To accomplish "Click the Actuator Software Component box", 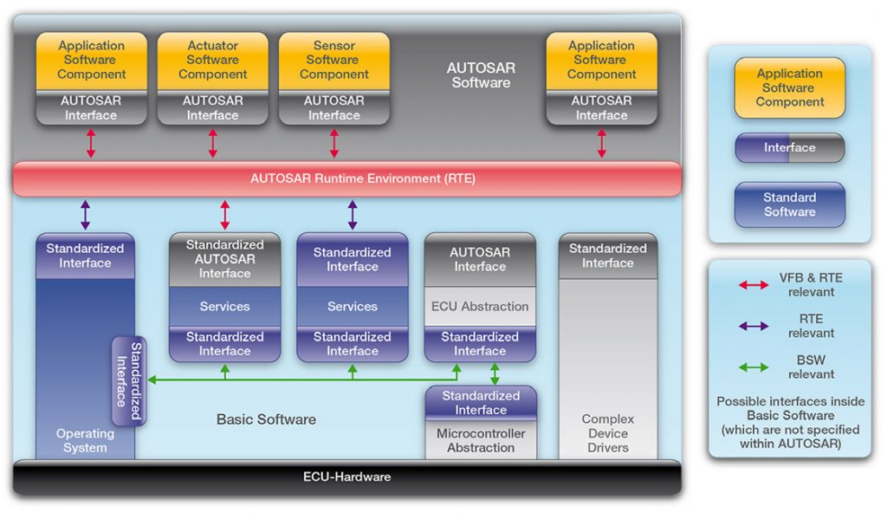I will coord(212,60).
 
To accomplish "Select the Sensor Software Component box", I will coord(333,60).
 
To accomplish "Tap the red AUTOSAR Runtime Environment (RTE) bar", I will coord(346,178).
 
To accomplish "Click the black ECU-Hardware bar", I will coord(346,477).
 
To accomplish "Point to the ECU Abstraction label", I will coord(480,307).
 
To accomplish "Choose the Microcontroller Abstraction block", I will coord(481,440).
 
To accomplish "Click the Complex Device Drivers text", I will coord(607,433).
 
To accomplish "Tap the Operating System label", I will coord(85,440).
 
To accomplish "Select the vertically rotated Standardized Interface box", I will coord(129,381).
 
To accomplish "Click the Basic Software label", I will coord(266,419).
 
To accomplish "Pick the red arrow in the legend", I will coord(753,284).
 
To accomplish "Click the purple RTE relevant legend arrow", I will coord(753,326).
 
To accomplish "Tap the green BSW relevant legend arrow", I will coord(753,367).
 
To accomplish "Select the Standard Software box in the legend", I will coord(789,204).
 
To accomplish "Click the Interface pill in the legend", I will coord(789,147).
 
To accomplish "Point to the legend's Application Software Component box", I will coord(789,88).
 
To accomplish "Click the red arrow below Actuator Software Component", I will coord(212,143).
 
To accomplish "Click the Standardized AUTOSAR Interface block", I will coord(224,258).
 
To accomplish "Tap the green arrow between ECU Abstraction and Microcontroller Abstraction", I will coord(495,373).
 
